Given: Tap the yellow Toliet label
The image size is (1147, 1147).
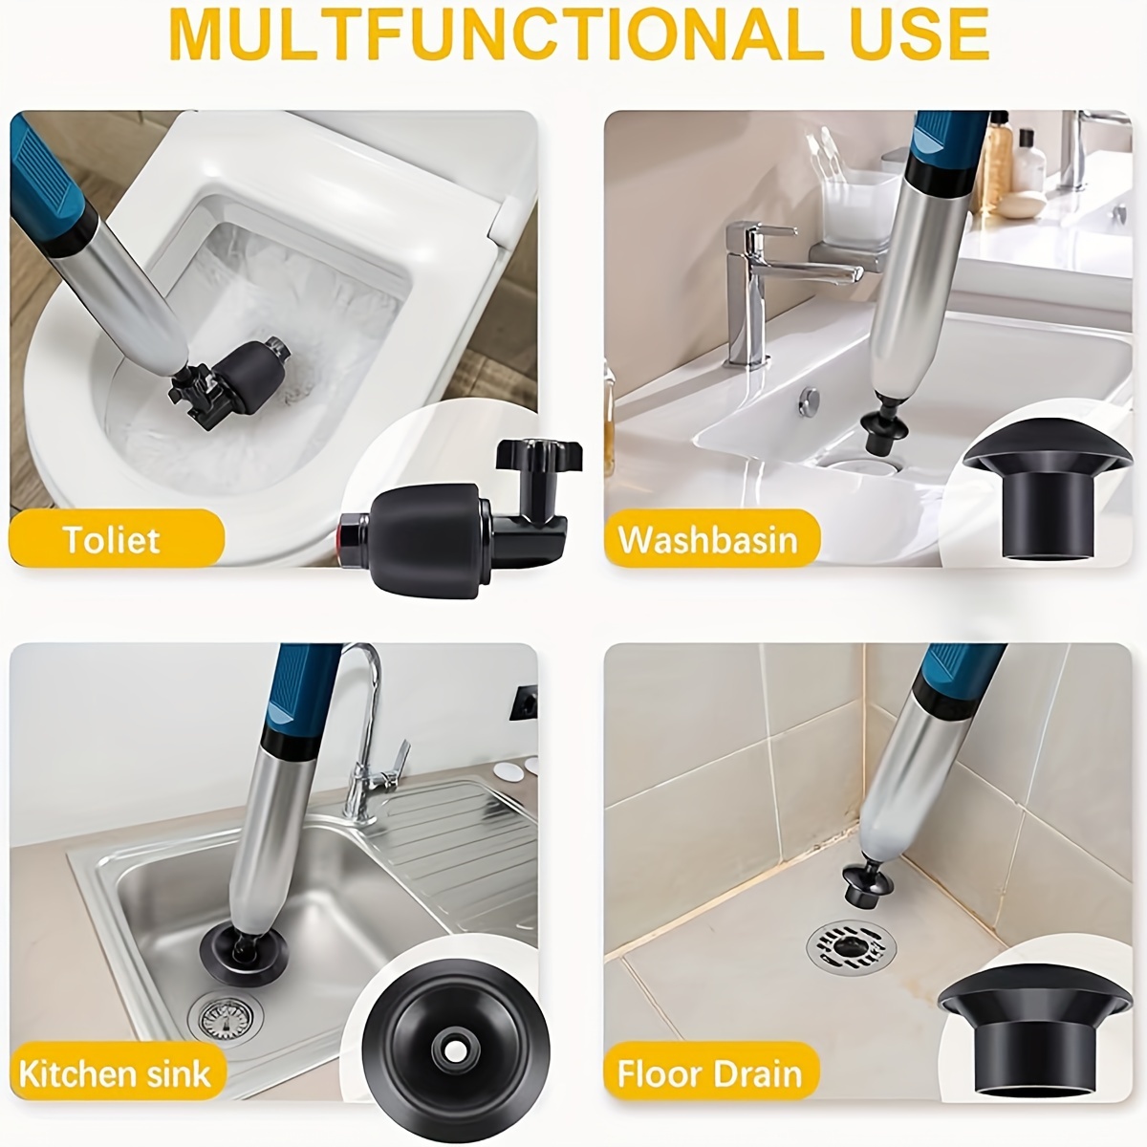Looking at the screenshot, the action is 115,540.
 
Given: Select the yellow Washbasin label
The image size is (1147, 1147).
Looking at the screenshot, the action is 710,540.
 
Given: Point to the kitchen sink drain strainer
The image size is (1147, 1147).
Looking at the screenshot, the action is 227,1018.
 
